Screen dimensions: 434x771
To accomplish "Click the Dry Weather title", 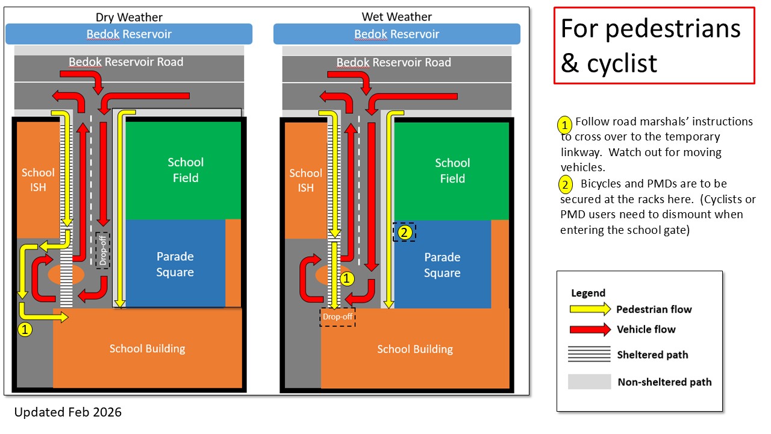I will [129, 17].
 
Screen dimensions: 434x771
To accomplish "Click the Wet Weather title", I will [396, 16].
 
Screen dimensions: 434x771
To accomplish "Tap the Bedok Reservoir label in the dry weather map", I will [129, 34].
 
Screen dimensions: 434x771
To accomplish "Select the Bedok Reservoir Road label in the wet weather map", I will [393, 62].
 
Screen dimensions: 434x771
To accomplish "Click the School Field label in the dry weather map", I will [186, 170].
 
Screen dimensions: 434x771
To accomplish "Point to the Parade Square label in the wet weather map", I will [442, 265].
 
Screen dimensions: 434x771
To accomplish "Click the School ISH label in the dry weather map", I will [38, 180].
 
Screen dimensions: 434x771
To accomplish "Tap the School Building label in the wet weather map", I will [415, 349].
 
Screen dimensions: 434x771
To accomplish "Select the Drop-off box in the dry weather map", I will [103, 250].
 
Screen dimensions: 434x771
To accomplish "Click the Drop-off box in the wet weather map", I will [337, 316].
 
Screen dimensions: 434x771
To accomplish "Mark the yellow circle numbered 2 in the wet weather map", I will [404, 231].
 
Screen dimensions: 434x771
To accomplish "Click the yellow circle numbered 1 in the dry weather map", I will [25, 330].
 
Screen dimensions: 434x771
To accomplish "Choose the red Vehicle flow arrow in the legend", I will [590, 329].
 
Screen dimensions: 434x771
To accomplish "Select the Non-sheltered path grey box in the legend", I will [589, 381].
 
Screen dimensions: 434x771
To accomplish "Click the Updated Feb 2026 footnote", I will [67, 412].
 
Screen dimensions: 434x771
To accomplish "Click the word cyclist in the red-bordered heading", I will [622, 62].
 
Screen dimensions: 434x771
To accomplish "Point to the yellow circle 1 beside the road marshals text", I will [564, 125].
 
